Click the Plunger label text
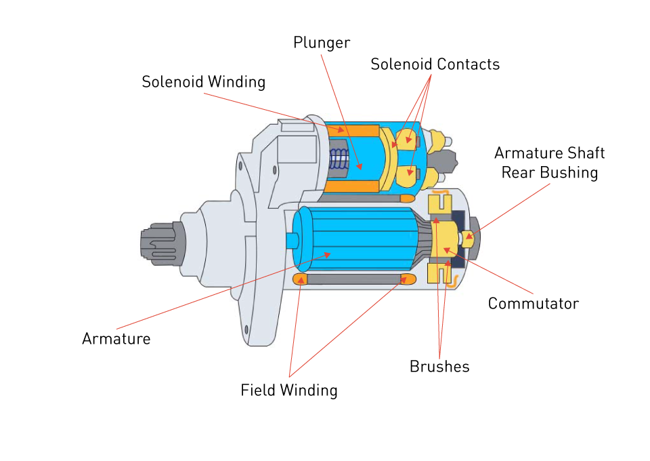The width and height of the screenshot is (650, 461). pyautogui.click(x=322, y=43)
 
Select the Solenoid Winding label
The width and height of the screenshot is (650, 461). pyautogui.click(x=203, y=82)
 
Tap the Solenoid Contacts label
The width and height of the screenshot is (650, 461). pyautogui.click(x=435, y=64)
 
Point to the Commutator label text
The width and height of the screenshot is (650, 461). pyautogui.click(x=533, y=303)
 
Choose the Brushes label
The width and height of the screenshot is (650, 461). pyautogui.click(x=439, y=367)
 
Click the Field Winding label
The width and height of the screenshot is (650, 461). pyautogui.click(x=289, y=390)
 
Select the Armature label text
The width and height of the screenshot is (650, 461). pyautogui.click(x=116, y=338)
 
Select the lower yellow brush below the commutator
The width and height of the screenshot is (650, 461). pyautogui.click(x=441, y=273)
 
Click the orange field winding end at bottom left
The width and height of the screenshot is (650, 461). pyautogui.click(x=301, y=279)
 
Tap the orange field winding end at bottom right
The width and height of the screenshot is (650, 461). pyautogui.click(x=408, y=279)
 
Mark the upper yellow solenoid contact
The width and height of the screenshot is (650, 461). pyautogui.click(x=408, y=140)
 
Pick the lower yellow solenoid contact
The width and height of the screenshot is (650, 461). pyautogui.click(x=407, y=176)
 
